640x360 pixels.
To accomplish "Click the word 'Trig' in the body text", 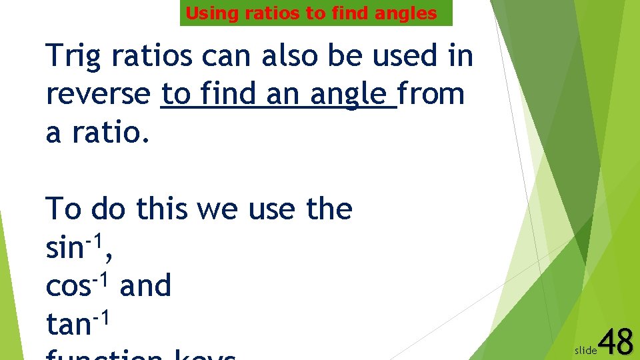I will [73, 57].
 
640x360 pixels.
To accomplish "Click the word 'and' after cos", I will [145, 287].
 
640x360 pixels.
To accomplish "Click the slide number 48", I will [616, 343].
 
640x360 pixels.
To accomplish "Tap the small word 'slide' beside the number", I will [585, 349].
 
